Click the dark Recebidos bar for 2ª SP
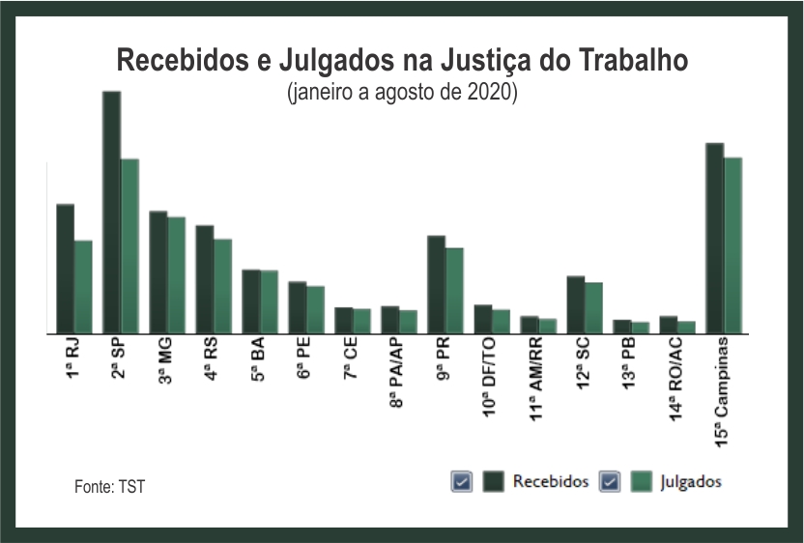[x=111, y=212]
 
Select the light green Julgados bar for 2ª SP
[x=129, y=245]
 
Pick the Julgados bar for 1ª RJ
[x=83, y=286]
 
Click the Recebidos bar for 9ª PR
[x=436, y=284]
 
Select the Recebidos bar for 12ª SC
[x=575, y=304]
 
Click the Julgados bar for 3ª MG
[x=176, y=274]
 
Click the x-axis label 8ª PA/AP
[x=398, y=379]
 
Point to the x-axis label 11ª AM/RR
[x=537, y=384]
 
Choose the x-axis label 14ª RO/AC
[x=676, y=384]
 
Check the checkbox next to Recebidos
[x=462, y=482]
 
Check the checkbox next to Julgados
[x=610, y=482]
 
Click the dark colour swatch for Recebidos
[x=495, y=482]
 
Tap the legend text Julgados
[x=691, y=482]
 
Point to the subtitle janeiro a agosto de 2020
[x=402, y=94]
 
